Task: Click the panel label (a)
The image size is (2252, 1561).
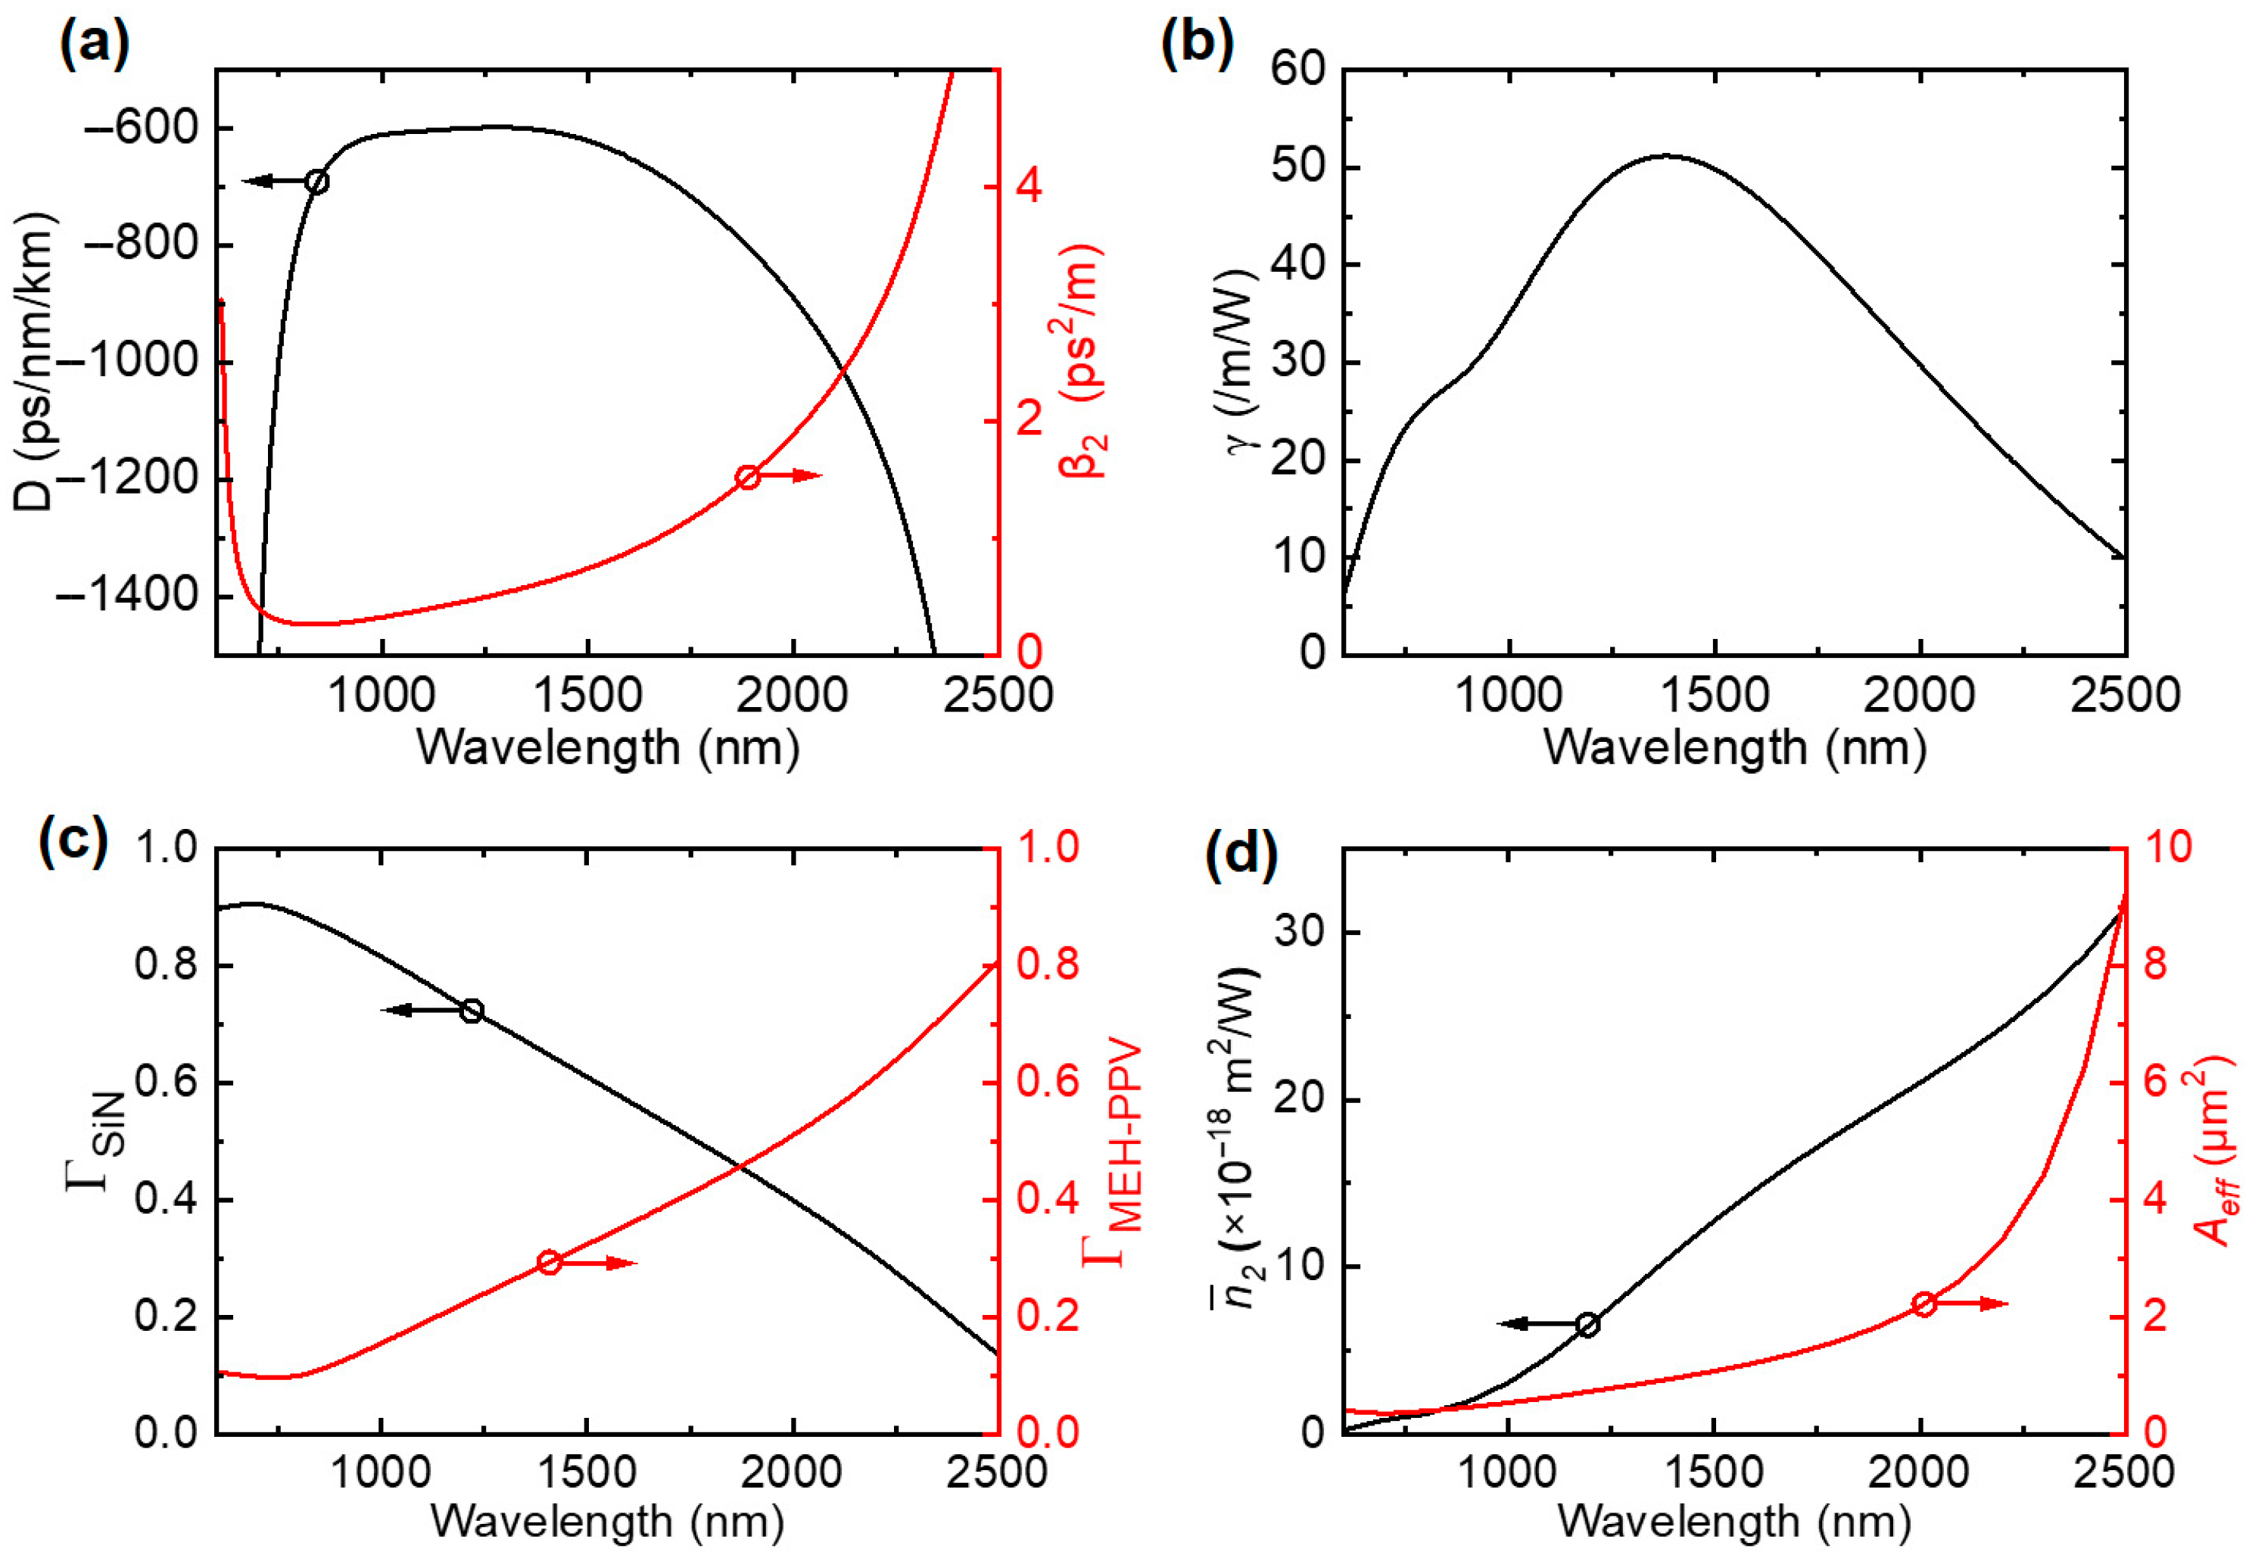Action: pos(94,44)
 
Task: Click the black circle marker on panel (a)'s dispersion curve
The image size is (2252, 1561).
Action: pos(316,181)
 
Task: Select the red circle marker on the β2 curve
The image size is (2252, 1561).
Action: pos(748,477)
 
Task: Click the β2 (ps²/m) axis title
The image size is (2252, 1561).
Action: pos(1082,360)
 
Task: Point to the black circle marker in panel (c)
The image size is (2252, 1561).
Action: pos(472,1011)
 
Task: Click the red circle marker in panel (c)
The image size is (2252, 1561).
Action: pos(549,1262)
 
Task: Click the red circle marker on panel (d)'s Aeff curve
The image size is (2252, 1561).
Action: pos(1924,1304)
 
